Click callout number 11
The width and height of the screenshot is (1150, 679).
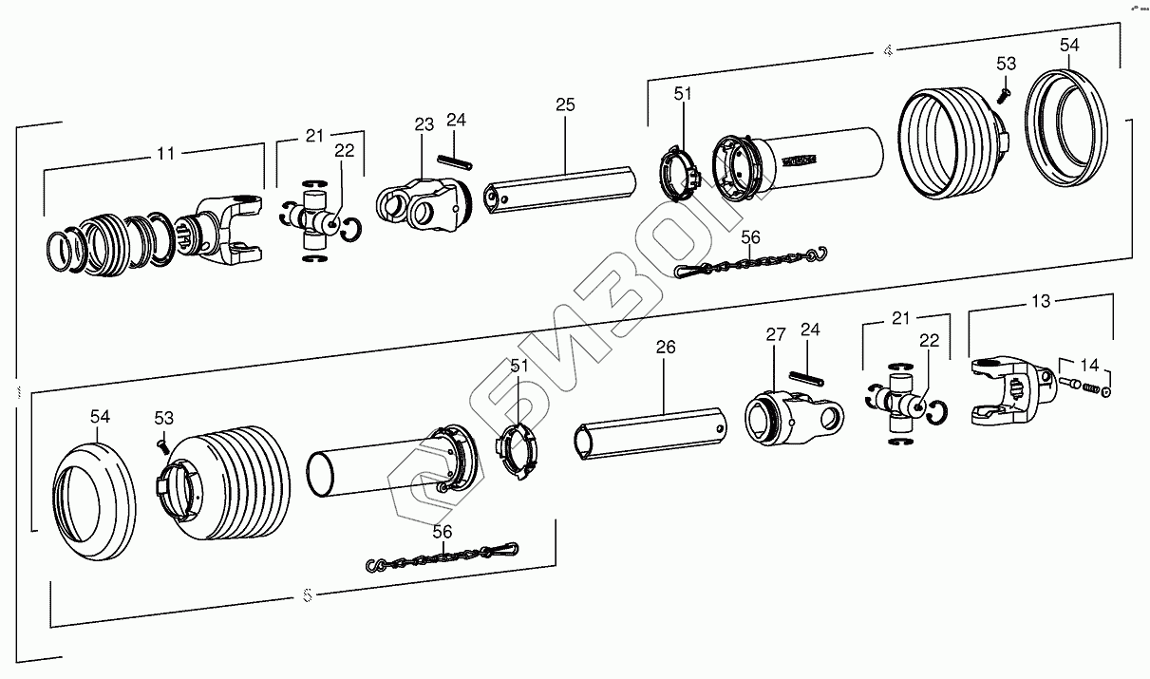[x=166, y=152]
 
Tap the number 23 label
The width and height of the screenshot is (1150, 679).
[x=424, y=124]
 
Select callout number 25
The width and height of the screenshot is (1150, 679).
[x=565, y=104]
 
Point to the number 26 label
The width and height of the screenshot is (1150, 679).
[x=666, y=348]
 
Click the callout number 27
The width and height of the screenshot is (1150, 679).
[x=776, y=334]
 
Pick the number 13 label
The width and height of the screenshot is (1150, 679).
[x=1041, y=301]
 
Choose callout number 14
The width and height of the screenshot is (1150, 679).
[x=1089, y=364]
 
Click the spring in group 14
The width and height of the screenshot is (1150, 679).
[x=1091, y=388]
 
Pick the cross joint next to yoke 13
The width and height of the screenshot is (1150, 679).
[x=899, y=405]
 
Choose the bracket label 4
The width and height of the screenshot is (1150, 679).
[x=887, y=52]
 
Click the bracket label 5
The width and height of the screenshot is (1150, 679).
[x=307, y=596]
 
